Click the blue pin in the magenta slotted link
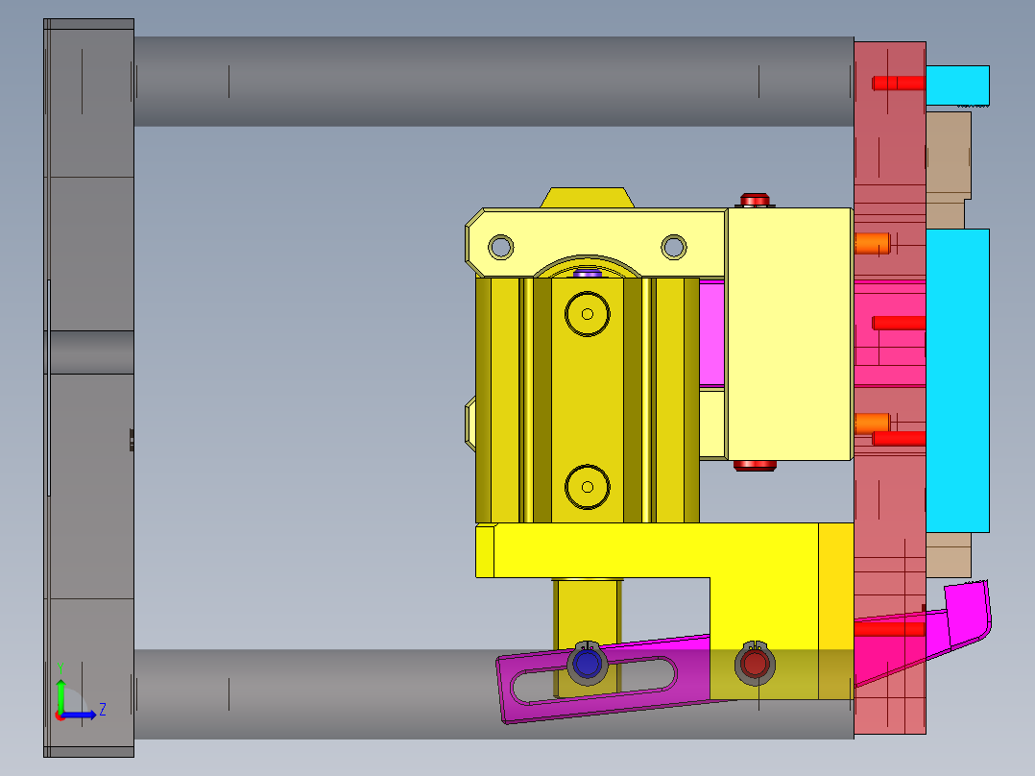(585, 663)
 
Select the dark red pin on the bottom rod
(755, 663)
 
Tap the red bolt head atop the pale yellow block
(756, 200)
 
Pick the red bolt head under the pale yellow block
(756, 466)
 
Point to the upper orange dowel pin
(872, 244)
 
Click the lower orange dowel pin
(872, 423)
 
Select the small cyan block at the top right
(957, 85)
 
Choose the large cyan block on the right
(957, 379)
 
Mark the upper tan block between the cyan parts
(949, 168)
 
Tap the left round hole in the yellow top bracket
(500, 247)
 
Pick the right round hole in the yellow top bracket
(674, 247)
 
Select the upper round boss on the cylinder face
(588, 313)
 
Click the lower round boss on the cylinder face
(588, 487)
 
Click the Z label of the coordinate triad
(103, 710)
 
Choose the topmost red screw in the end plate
(898, 84)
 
